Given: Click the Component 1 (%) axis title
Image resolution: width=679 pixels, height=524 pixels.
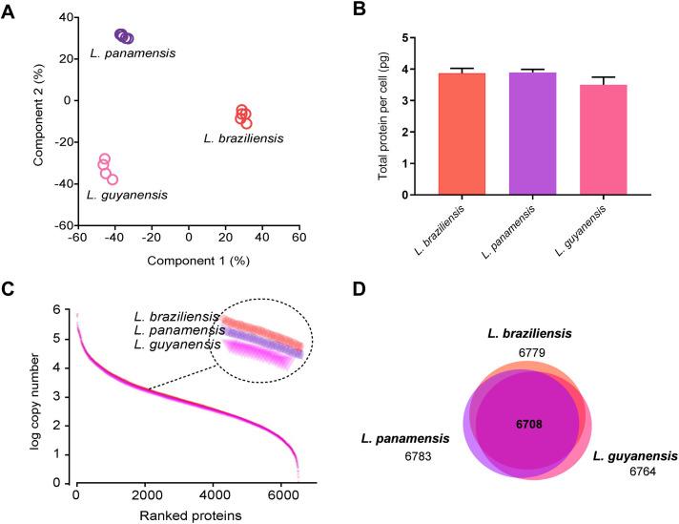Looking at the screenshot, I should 176,257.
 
